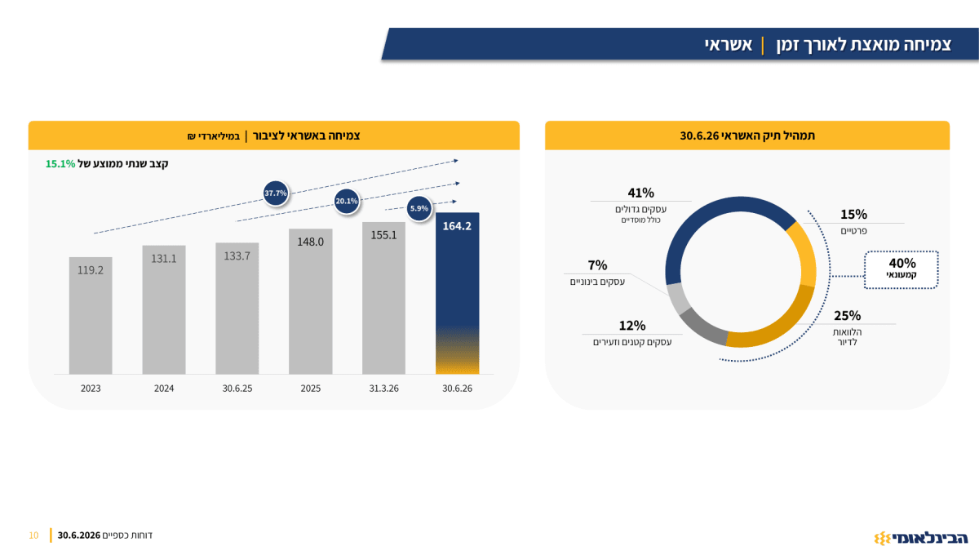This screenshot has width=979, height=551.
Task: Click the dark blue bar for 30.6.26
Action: [457, 293]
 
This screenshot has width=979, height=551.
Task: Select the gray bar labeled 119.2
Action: [91, 315]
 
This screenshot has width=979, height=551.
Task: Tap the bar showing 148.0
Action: [310, 301]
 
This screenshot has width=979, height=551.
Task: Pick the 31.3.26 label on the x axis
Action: [383, 389]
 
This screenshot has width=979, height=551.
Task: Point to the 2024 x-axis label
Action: [164, 389]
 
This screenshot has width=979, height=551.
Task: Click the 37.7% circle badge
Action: [276, 193]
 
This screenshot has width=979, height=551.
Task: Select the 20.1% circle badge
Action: [347, 201]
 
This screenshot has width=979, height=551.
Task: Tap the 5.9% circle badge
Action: [419, 209]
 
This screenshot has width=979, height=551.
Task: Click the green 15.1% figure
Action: [60, 164]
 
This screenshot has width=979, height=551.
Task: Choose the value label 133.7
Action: [237, 256]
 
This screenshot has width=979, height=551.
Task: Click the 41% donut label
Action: [640, 193]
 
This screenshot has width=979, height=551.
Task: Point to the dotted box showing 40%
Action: [901, 270]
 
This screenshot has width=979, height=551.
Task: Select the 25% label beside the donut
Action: [847, 316]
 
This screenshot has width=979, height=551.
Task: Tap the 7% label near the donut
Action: [597, 265]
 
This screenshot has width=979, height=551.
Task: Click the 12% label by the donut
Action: [632, 326]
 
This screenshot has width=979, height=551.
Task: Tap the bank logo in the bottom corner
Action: [921, 538]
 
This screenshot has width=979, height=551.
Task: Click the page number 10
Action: [33, 535]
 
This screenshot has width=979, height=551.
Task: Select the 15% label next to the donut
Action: [853, 215]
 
